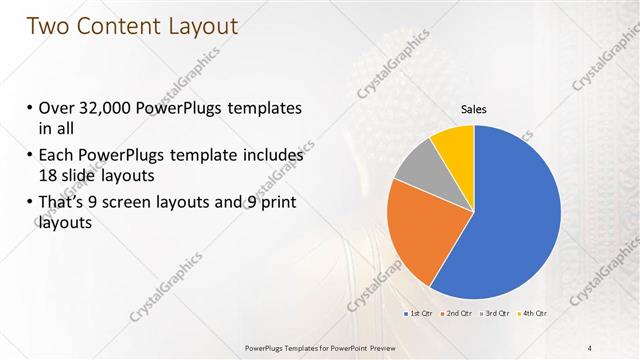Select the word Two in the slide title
click(47, 26)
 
